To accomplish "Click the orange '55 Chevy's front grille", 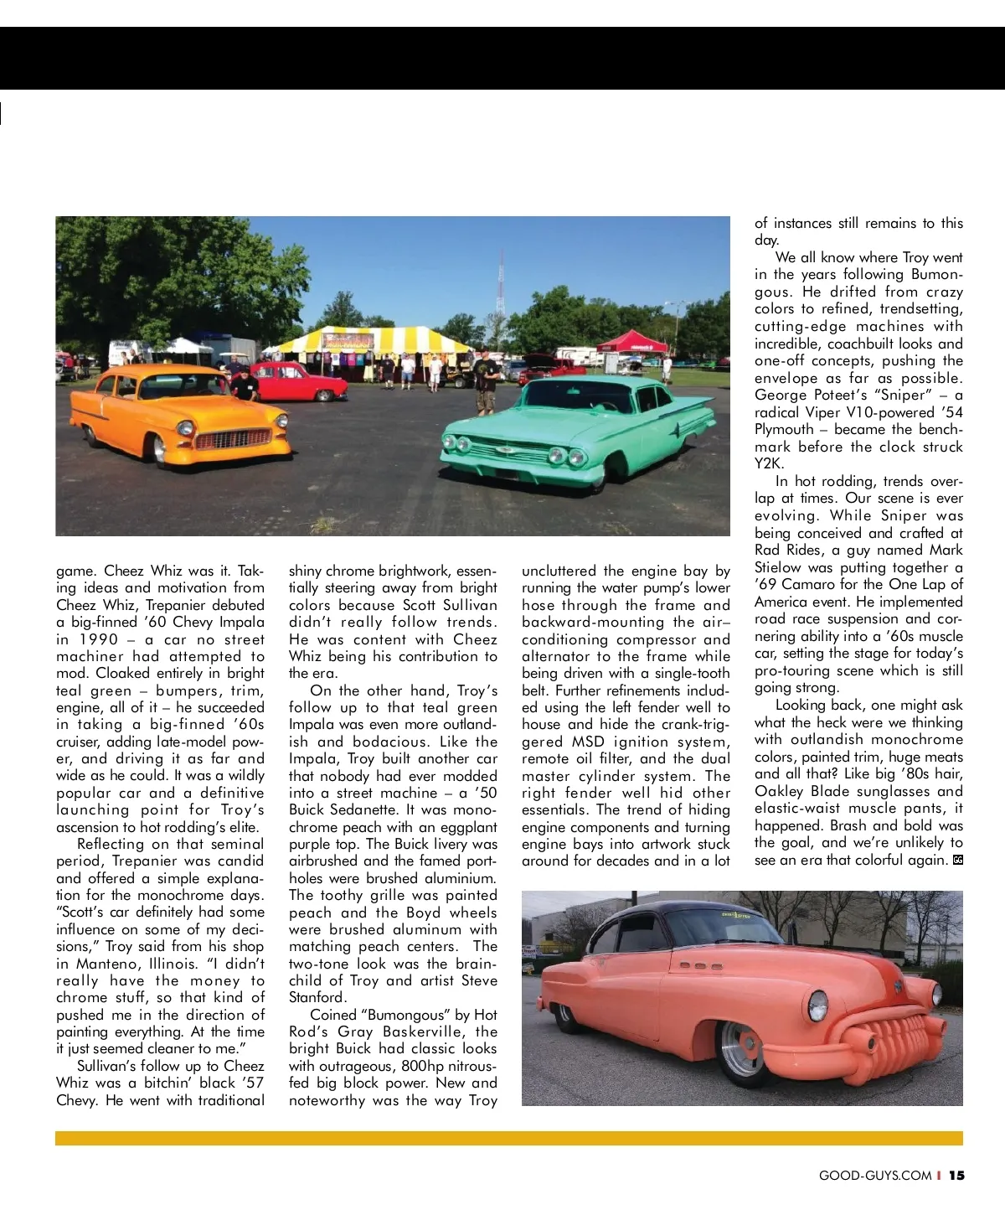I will [x=221, y=439].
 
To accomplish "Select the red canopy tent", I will [x=632, y=341].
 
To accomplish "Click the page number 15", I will [x=956, y=1176].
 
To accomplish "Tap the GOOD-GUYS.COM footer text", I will [x=875, y=1176].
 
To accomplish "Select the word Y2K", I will [x=769, y=463].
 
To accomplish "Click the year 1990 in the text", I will [x=99, y=639].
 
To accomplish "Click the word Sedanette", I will [x=366, y=810].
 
